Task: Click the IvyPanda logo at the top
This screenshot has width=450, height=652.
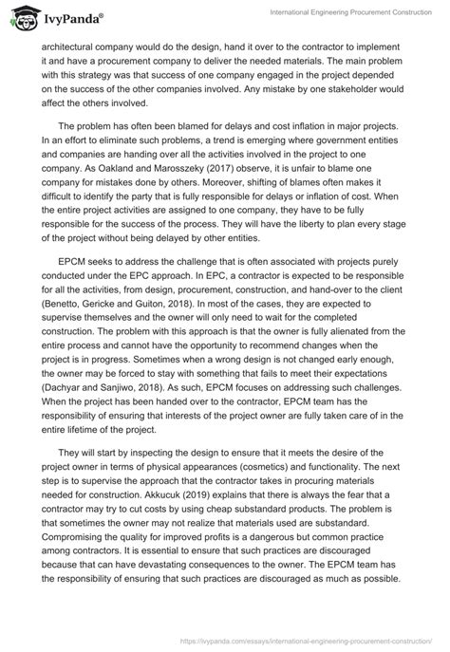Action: point(59,17)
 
